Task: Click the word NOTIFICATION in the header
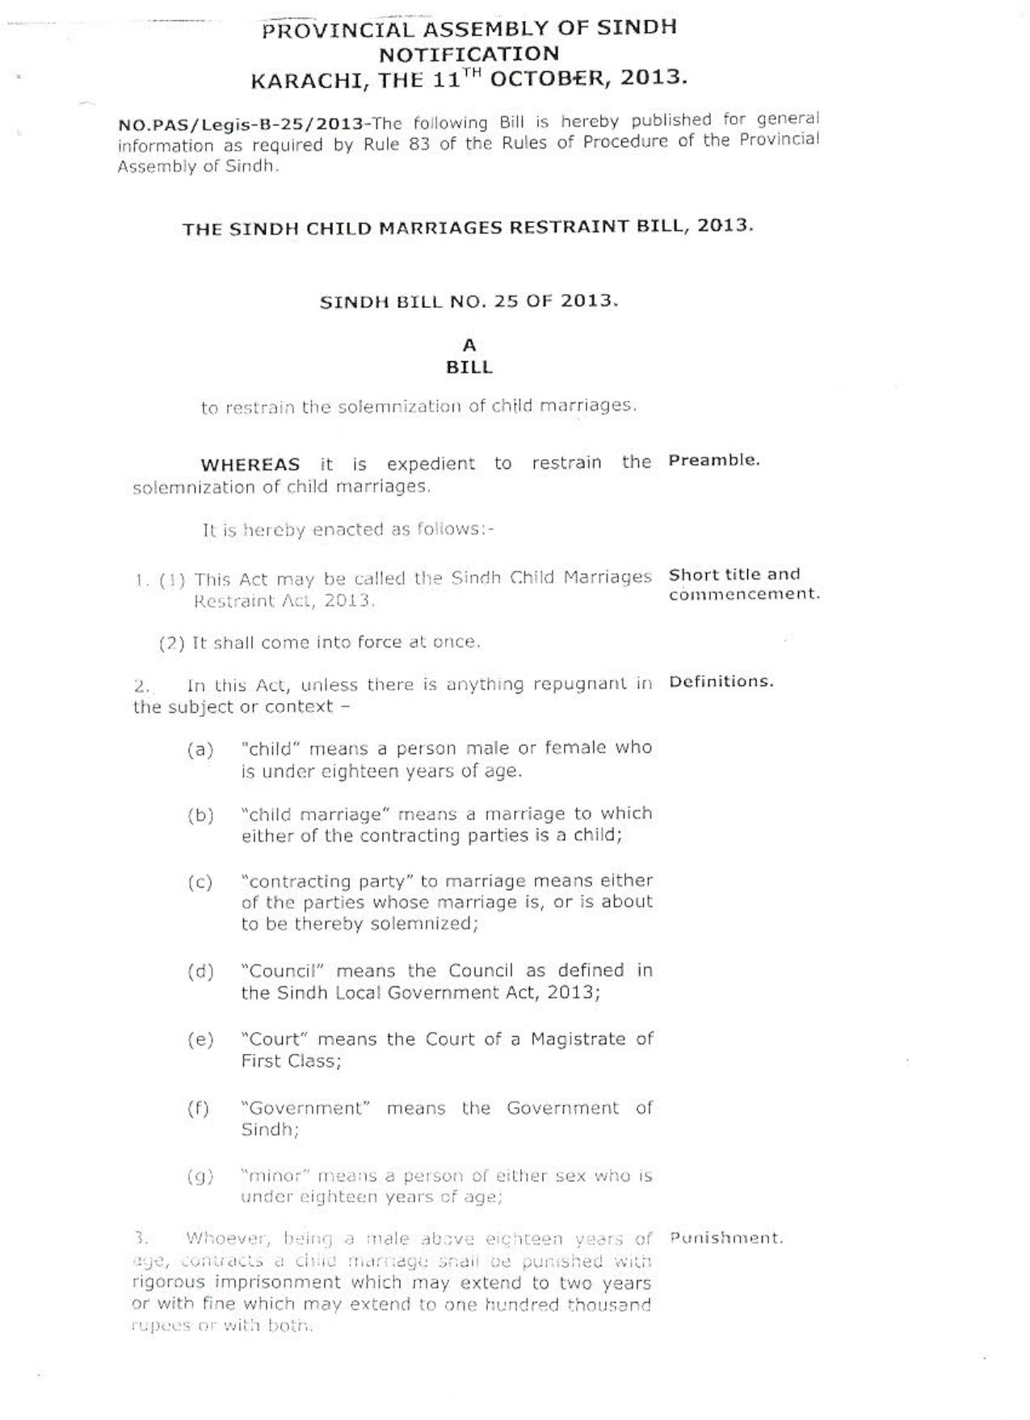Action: (x=469, y=54)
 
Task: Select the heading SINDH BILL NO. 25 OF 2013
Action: (x=469, y=301)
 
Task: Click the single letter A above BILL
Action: (x=469, y=346)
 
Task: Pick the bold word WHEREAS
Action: (x=250, y=465)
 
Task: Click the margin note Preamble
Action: (x=714, y=461)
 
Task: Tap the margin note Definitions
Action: (x=721, y=681)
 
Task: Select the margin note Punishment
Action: (x=726, y=1237)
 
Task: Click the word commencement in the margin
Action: (x=745, y=594)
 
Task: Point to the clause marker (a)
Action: (x=200, y=750)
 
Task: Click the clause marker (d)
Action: (x=200, y=971)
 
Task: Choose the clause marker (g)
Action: (x=200, y=1177)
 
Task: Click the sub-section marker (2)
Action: (x=172, y=643)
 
